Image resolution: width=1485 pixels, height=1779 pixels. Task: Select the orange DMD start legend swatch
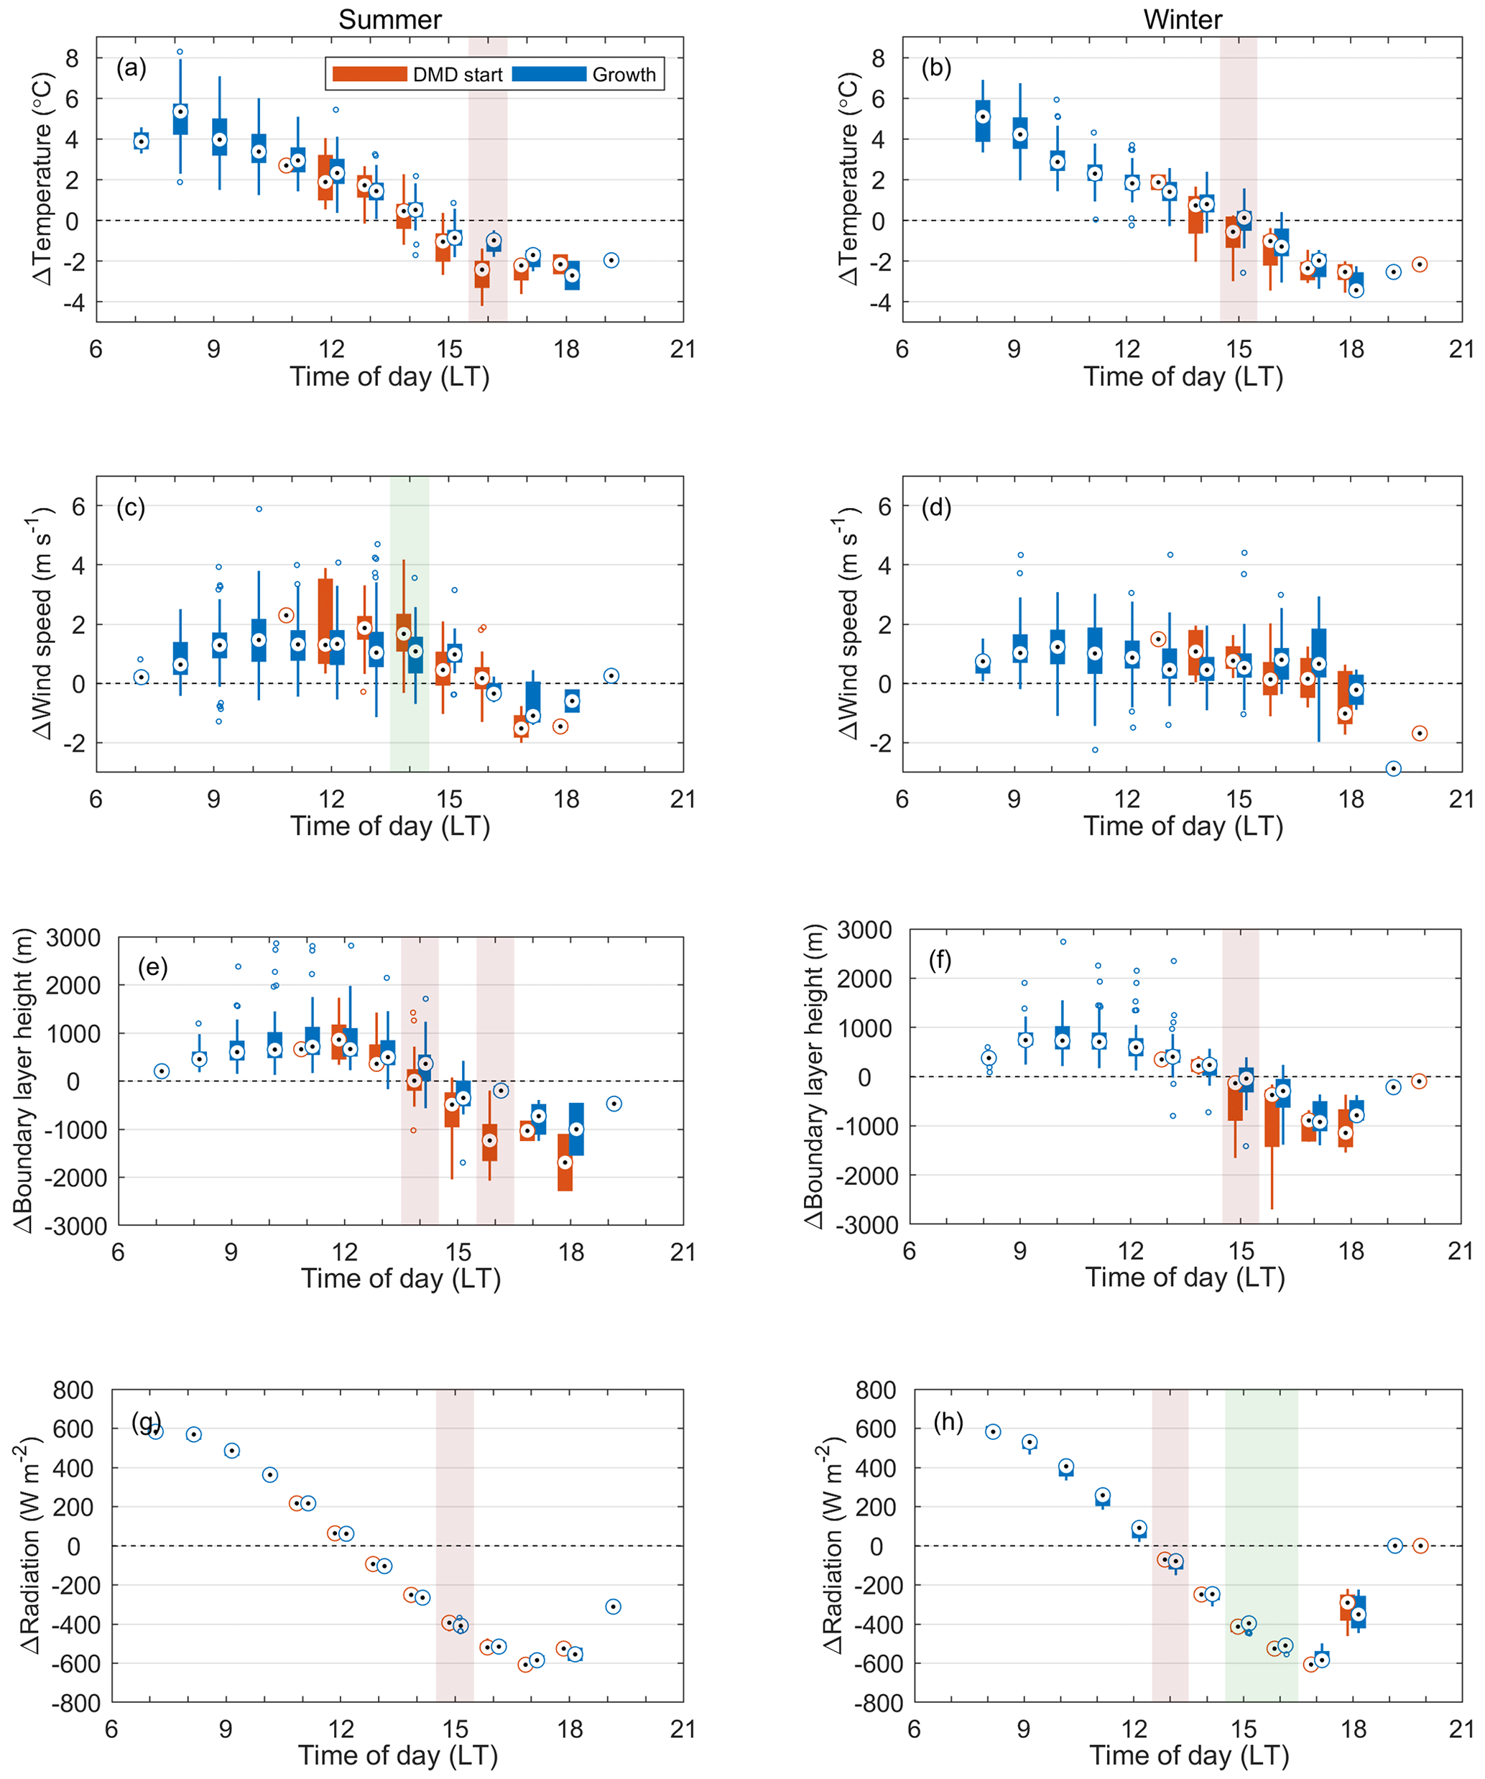369,75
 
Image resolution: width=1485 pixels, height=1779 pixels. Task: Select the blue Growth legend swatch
549,75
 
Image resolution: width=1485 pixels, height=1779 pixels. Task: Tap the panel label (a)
131,68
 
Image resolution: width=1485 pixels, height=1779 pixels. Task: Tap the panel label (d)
936,507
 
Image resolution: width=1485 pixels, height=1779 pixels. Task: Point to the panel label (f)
940,960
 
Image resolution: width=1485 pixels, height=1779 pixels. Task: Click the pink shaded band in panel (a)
488,179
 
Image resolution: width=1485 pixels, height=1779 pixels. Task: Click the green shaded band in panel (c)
410,624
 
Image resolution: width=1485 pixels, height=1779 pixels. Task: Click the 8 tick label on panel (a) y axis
72,58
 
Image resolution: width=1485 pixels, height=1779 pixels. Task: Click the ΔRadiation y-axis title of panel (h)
834,1545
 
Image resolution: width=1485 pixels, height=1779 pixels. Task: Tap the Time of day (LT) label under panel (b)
1183,377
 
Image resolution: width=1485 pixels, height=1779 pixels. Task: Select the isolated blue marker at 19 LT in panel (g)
614,1606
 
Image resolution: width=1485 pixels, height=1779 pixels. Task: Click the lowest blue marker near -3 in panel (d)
1392,768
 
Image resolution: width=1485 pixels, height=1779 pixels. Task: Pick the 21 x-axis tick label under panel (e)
683,1252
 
